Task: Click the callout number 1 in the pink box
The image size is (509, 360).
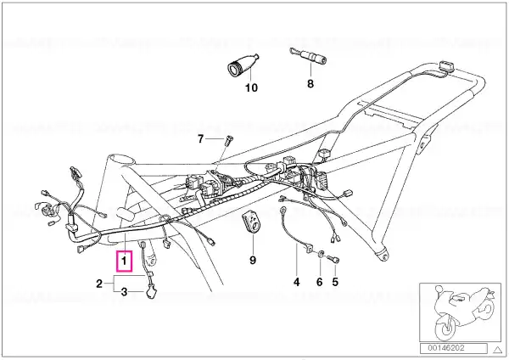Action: click(x=124, y=261)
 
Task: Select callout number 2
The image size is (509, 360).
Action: click(x=99, y=284)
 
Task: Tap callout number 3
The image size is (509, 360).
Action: click(x=124, y=292)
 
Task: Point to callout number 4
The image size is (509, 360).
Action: click(x=296, y=282)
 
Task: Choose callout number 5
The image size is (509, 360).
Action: click(x=335, y=282)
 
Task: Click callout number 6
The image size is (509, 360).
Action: click(x=320, y=282)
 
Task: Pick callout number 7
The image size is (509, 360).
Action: click(x=200, y=139)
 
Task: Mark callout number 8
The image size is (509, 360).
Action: click(x=310, y=84)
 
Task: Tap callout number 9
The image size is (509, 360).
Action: click(x=253, y=261)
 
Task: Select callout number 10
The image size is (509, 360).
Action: click(x=251, y=87)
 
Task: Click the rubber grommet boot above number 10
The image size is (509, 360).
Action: click(x=242, y=65)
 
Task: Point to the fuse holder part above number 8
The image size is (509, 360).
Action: click(x=308, y=56)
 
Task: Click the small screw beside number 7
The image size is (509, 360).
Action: click(x=227, y=141)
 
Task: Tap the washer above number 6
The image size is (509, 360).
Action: click(x=320, y=254)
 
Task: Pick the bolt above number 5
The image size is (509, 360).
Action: click(x=333, y=259)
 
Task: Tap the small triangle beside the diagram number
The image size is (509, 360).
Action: click(x=497, y=350)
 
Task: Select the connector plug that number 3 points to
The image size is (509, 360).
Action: click(x=151, y=292)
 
